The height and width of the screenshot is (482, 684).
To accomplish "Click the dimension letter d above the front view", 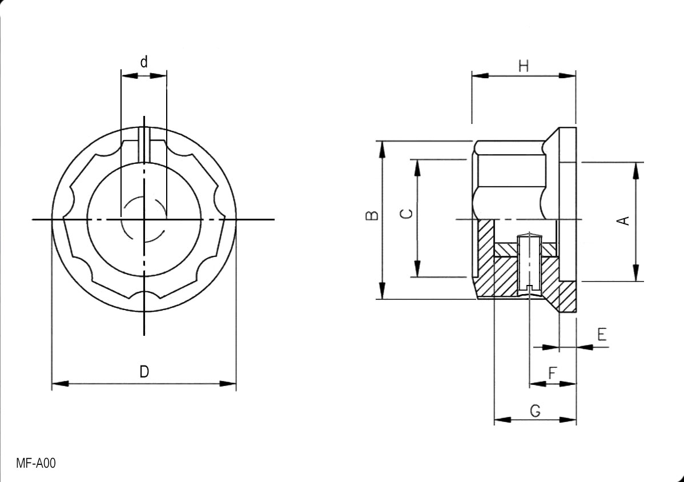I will (x=144, y=62).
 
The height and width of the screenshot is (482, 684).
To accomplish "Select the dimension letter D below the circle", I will (x=144, y=372).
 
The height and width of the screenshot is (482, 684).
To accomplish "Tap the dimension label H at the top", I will (x=523, y=66).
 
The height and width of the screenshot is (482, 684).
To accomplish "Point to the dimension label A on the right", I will (x=625, y=220).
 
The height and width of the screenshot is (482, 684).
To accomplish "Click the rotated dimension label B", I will (x=372, y=215).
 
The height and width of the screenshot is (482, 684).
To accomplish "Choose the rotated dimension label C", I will (x=406, y=214).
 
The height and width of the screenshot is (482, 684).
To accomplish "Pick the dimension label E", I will (x=602, y=335).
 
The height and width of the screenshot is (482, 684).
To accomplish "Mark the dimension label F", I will (x=552, y=373).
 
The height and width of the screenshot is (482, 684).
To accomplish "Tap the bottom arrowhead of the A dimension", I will (x=635, y=272).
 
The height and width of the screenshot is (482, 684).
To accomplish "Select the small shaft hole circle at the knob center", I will (x=144, y=220).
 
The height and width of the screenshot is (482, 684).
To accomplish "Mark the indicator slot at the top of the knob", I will (x=144, y=143).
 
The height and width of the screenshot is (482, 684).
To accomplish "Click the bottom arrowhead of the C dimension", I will (x=417, y=269).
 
